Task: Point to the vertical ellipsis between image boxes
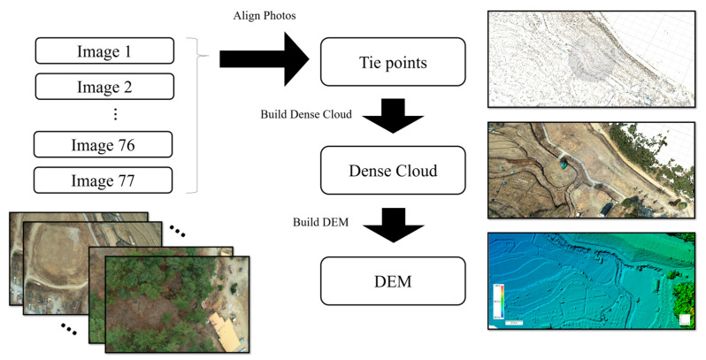[115, 115]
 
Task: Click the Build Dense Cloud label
[306, 115]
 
